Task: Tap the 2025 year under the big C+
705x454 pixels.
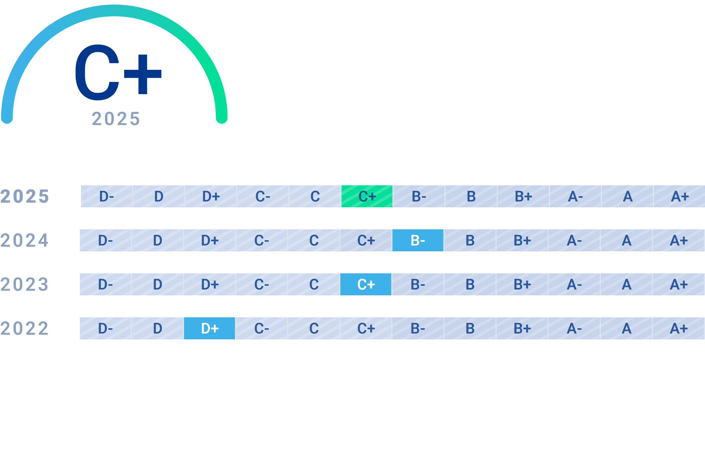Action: [x=116, y=119]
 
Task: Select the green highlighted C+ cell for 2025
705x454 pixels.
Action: [x=367, y=196]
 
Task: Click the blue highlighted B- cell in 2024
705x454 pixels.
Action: [x=418, y=240]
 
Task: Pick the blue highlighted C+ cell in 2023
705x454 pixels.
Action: [x=366, y=284]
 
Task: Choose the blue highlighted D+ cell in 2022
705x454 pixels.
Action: [x=210, y=328]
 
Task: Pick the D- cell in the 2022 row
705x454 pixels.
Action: [x=105, y=328]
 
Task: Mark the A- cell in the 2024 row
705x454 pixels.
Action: [x=574, y=240]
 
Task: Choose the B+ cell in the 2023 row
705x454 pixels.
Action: [x=522, y=284]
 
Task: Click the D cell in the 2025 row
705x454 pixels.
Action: [x=159, y=196]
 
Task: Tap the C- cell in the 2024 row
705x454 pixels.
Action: [x=262, y=240]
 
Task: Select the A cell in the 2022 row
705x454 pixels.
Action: [x=626, y=328]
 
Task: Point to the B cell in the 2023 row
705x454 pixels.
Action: [x=470, y=284]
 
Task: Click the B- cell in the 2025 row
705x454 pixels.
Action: [x=419, y=196]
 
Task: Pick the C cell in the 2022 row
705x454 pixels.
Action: [x=314, y=328]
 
